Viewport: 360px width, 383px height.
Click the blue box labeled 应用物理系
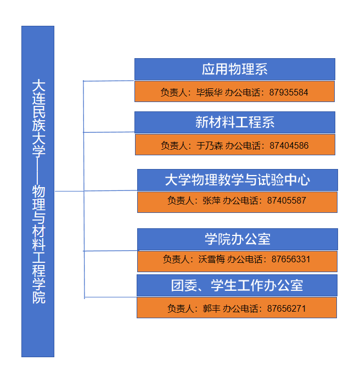(234, 69)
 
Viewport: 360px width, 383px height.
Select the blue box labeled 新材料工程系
(234, 122)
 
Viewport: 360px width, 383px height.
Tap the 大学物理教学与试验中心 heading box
(237, 179)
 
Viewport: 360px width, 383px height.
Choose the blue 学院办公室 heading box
(237, 239)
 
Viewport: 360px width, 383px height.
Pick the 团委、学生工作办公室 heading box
(237, 285)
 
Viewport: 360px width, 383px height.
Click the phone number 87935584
(289, 92)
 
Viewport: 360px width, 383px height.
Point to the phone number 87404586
(289, 145)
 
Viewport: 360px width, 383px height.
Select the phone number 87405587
(286, 200)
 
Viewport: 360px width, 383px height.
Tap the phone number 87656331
(291, 259)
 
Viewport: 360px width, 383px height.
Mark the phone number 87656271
(286, 308)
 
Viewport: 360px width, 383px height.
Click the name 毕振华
(209, 92)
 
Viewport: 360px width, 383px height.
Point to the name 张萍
(211, 200)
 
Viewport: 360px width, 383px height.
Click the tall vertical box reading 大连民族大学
(38, 191)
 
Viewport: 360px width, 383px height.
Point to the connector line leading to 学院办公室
(110, 251)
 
